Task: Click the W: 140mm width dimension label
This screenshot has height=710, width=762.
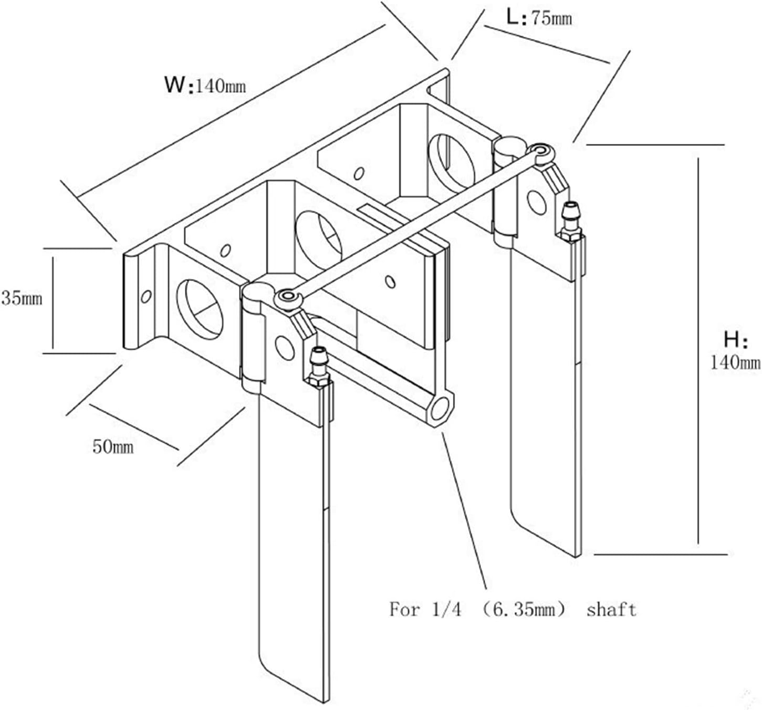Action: pyautogui.click(x=205, y=85)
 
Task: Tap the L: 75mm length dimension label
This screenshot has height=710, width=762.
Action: pyautogui.click(x=539, y=18)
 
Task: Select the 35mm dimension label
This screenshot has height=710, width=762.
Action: pyautogui.click(x=22, y=298)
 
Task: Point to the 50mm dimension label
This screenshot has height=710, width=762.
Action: pyautogui.click(x=113, y=446)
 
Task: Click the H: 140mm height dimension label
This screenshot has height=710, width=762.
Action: pyautogui.click(x=735, y=351)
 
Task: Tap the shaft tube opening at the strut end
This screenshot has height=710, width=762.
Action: pyautogui.click(x=440, y=410)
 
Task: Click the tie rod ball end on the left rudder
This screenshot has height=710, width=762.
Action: pyautogui.click(x=287, y=297)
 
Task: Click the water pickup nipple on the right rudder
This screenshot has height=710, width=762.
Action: pyautogui.click(x=570, y=221)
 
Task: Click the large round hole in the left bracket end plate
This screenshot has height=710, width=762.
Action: pyautogui.click(x=200, y=309)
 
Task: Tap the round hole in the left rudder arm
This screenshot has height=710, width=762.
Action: pyautogui.click(x=285, y=348)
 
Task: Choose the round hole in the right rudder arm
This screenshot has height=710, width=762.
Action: pyautogui.click(x=537, y=203)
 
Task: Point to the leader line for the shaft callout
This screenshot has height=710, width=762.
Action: pyautogui.click(x=464, y=510)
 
